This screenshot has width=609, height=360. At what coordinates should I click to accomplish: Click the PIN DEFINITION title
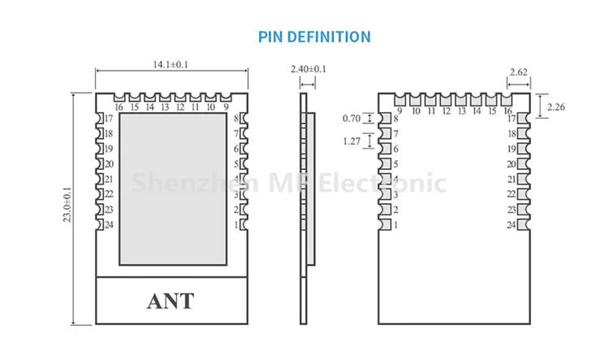click(x=314, y=37)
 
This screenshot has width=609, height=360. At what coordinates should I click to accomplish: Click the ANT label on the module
click(x=171, y=301)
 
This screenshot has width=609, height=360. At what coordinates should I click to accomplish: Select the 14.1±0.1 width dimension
click(x=171, y=65)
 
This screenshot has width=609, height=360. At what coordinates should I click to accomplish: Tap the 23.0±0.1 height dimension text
click(x=67, y=208)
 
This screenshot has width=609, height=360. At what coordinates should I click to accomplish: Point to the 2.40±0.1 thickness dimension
click(x=308, y=69)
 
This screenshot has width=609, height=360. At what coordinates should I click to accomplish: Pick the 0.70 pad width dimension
click(x=351, y=119)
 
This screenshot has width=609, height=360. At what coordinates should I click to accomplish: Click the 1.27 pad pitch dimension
click(x=351, y=141)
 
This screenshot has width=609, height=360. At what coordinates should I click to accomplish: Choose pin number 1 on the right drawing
click(x=396, y=225)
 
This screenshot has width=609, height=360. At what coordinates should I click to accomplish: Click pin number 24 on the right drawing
click(x=512, y=225)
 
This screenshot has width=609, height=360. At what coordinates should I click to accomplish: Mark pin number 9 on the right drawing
click(x=400, y=111)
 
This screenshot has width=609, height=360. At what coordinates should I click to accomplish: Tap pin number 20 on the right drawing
click(x=512, y=164)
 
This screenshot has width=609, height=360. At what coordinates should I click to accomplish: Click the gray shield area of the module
click(x=172, y=187)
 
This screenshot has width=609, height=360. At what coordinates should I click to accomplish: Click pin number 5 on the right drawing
click(x=396, y=164)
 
